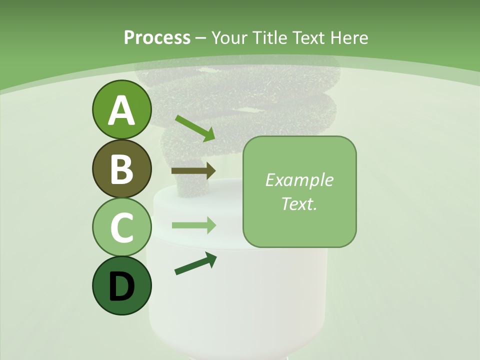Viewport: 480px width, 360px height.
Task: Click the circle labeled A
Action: (122, 109)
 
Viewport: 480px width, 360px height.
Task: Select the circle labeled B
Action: (122, 168)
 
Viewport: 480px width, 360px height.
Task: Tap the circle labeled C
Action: (122, 227)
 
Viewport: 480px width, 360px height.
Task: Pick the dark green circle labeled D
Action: (122, 285)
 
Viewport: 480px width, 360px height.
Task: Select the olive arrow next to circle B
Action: (193, 171)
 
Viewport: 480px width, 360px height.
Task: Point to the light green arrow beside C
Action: (194, 225)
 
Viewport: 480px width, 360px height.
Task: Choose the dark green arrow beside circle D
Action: (195, 263)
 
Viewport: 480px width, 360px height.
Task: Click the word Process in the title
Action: (157, 38)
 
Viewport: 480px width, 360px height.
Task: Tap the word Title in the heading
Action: (269, 38)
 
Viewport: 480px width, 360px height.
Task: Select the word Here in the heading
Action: (350, 38)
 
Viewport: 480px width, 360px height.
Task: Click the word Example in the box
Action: (299, 180)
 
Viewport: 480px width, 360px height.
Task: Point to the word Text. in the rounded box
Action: (299, 203)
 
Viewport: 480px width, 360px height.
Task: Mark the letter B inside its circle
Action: (122, 169)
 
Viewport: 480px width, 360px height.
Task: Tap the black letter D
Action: (122, 286)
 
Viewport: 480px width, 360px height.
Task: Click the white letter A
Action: (122, 110)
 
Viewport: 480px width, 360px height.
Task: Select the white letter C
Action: (122, 227)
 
